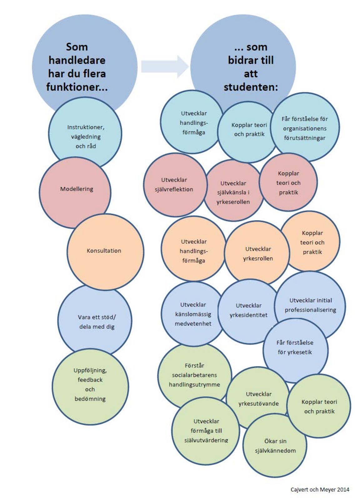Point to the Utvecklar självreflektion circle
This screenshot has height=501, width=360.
(174, 185)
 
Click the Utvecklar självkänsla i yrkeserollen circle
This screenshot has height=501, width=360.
(233, 192)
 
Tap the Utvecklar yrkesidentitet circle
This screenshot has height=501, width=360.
(248, 311)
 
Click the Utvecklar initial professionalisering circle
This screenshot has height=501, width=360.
(310, 305)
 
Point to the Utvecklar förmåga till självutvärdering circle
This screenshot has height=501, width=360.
(206, 430)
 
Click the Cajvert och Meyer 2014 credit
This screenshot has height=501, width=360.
(320, 489)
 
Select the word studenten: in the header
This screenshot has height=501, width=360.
(251, 87)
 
